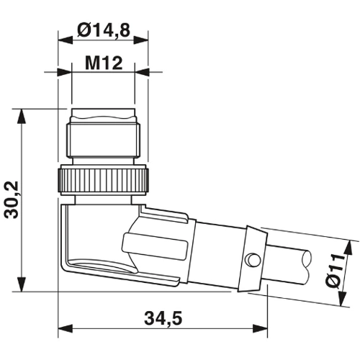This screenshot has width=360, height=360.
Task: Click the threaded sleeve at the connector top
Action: pyautogui.click(x=102, y=135)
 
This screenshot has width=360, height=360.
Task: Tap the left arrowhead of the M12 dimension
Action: pyautogui.click(x=67, y=73)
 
